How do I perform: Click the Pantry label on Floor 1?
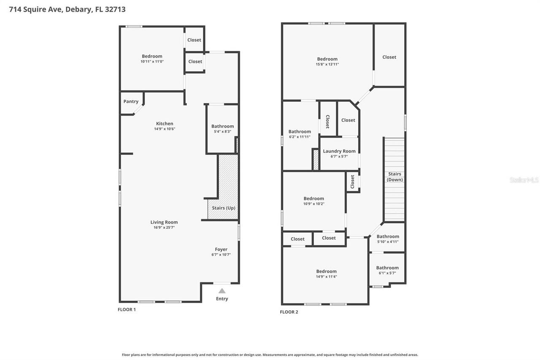tap(131, 102)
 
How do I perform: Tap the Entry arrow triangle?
tap(222, 291)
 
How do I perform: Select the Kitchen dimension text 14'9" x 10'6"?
tap(165, 129)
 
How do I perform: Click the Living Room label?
tap(164, 222)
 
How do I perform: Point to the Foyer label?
tap(221, 249)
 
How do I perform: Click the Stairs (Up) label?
tap(224, 208)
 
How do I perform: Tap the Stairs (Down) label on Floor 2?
tap(395, 177)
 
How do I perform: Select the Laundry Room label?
tap(339, 151)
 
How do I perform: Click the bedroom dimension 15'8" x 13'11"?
tap(327, 65)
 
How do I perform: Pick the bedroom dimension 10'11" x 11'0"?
tap(152, 62)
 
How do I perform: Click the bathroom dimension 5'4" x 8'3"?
tap(222, 132)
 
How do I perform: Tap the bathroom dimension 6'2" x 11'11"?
tap(300, 137)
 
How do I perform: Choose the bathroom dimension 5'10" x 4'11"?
tap(388, 242)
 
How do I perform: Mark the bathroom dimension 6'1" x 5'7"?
tap(387, 273)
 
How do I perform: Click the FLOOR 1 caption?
tap(127, 310)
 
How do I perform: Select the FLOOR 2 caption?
tap(289, 312)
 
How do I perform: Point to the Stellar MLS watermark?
tap(524, 180)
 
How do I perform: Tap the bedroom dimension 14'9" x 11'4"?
tap(327, 277)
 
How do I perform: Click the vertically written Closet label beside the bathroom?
tap(327, 122)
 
